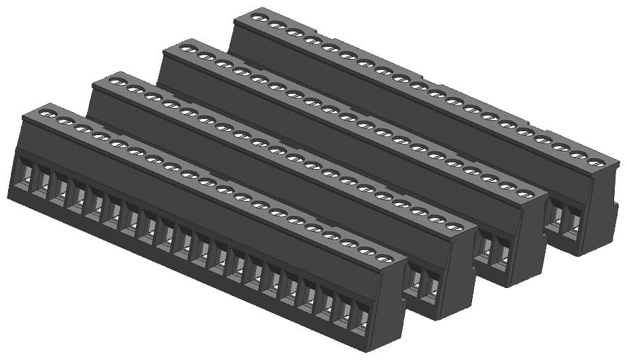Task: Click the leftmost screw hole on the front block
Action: (47, 112)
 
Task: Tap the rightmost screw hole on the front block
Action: (385, 259)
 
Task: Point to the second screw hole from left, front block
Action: (65, 120)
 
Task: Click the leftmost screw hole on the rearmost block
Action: (258, 17)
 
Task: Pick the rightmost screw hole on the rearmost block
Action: (596, 162)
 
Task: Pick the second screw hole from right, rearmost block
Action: (579, 155)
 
